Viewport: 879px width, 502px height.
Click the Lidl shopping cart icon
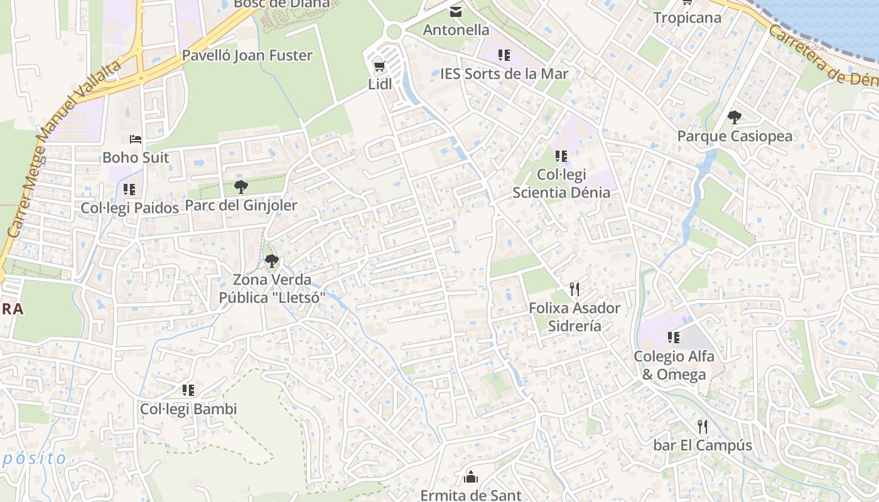[379, 66]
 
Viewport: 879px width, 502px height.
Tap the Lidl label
[379, 83]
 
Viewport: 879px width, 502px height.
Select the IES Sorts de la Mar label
[504, 73]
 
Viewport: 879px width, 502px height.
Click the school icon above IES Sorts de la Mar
[504, 55]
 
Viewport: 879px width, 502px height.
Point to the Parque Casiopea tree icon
[734, 117]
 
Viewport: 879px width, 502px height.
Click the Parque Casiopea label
[735, 136]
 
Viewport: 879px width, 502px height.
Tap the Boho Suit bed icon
[136, 139]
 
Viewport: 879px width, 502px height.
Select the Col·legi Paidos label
[130, 208]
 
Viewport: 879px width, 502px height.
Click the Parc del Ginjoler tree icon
[240, 186]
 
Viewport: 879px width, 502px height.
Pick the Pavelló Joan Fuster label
[247, 55]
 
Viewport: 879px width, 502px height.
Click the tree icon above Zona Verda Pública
[271, 260]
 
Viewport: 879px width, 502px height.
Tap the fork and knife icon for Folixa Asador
[574, 289]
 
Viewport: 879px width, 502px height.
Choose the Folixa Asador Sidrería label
[574, 317]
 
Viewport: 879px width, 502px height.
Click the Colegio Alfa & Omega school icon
[674, 338]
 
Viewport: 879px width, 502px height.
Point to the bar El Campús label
[703, 446]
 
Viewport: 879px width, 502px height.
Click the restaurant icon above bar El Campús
[703, 427]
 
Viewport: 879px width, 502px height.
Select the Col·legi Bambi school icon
[188, 390]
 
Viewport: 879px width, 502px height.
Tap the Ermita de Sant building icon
[471, 477]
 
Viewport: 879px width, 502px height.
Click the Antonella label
[456, 29]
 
